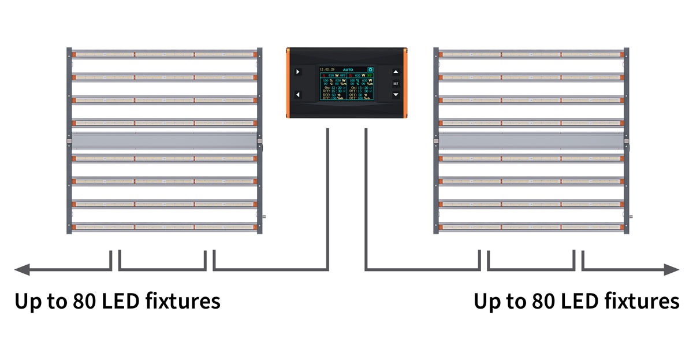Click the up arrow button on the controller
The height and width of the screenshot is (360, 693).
pyautogui.click(x=396, y=72)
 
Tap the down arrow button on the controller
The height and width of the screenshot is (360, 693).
pyautogui.click(x=396, y=94)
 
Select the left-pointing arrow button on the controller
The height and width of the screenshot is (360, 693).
pyautogui.click(x=298, y=94)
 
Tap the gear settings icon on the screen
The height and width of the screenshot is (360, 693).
pyautogui.click(x=370, y=69)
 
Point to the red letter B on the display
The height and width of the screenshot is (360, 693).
pyautogui.click(x=350, y=75)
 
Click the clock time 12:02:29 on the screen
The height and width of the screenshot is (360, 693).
pyautogui.click(x=327, y=69)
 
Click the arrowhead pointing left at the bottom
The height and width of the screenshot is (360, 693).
pyautogui.click(x=22, y=269)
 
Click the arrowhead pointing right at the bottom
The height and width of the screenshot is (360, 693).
pyautogui.click(x=672, y=269)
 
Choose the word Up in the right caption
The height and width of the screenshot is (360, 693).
pyautogui.click(x=487, y=302)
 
